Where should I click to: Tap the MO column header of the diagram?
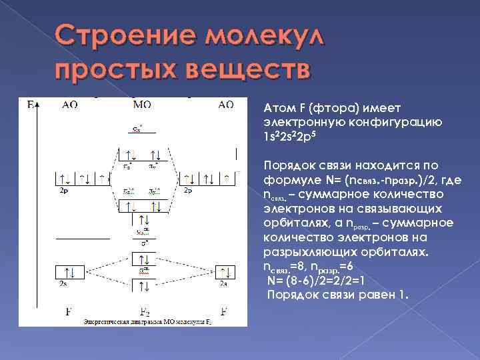tap(142, 105)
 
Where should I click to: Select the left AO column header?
tap(69, 105)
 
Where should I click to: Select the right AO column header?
tap(225, 105)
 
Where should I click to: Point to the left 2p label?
tap(63, 191)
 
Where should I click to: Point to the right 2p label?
tap(187, 191)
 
